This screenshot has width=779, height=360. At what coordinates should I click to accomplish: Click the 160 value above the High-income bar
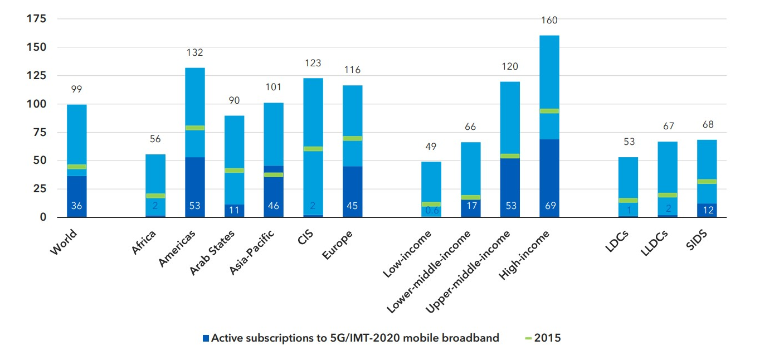click(x=549, y=21)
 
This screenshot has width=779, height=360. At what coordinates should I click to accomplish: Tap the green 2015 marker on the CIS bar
click(x=313, y=149)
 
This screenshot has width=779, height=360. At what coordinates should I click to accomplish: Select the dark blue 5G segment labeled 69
click(x=549, y=178)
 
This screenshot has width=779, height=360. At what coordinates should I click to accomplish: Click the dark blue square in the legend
click(x=206, y=338)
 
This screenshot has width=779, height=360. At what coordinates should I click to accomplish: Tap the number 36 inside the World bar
click(x=76, y=206)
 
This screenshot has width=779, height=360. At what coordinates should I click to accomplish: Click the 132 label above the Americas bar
click(x=195, y=53)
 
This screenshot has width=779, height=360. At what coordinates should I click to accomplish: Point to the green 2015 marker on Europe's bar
click(x=352, y=138)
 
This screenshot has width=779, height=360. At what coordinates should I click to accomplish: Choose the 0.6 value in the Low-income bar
click(x=431, y=211)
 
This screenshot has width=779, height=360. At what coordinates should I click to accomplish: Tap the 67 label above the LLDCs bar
click(x=668, y=127)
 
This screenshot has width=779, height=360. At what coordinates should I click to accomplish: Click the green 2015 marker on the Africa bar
click(x=155, y=196)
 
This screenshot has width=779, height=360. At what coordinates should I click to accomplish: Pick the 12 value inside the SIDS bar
click(x=707, y=210)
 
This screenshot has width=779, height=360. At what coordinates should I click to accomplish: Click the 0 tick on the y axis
click(x=42, y=217)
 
